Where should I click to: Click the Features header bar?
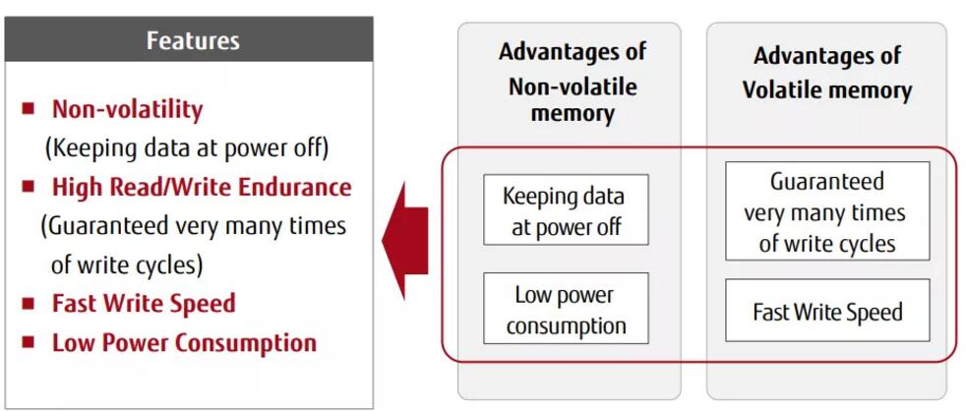192,40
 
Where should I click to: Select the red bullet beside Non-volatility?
30,107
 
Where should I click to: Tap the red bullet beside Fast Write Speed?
30,302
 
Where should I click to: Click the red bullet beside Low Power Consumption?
30,341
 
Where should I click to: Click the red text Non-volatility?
127,108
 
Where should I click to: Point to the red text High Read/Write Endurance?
201,187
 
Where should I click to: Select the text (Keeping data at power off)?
187,147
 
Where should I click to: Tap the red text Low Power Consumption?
184,342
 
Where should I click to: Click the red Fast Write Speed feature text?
144,303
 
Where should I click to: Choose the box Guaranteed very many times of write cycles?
825,210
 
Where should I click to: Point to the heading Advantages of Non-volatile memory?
572,83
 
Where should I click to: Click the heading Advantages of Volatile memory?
826,73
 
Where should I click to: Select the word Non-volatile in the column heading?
572,86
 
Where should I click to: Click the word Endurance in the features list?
300,187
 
